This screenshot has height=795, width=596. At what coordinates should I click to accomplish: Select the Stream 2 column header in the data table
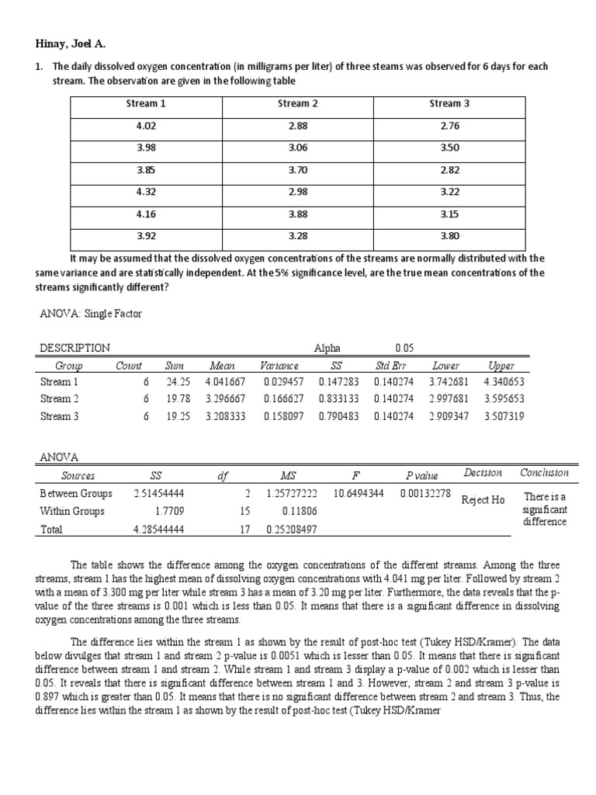pyautogui.click(x=298, y=103)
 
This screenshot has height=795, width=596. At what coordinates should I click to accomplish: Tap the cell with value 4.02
pyautogui.click(x=146, y=126)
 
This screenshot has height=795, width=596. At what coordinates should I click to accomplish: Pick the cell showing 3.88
pyautogui.click(x=298, y=213)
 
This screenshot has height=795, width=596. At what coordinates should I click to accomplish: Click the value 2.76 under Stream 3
pyautogui.click(x=450, y=126)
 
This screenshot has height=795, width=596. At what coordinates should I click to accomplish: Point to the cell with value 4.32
pyautogui.click(x=146, y=191)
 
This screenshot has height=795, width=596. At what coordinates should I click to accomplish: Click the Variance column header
pyautogui.click(x=279, y=366)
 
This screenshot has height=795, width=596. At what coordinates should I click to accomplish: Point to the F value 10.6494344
pyautogui.click(x=359, y=493)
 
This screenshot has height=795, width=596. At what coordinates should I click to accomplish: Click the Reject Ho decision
pyautogui.click(x=482, y=500)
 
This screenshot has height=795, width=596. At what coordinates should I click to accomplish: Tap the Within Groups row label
pyautogui.click(x=72, y=512)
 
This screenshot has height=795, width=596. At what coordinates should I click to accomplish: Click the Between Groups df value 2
pyautogui.click(x=247, y=493)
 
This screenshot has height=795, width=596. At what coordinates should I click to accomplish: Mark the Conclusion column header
pyautogui.click(x=544, y=473)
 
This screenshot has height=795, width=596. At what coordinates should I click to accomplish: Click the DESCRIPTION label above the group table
pyautogui.click(x=74, y=349)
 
